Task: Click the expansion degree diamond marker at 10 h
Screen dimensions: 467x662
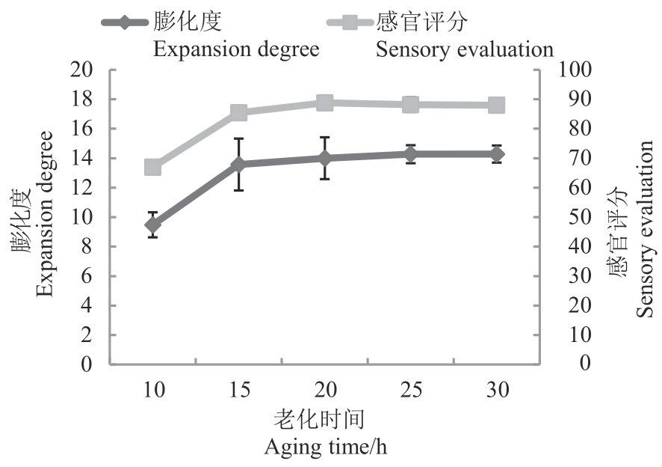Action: point(153,225)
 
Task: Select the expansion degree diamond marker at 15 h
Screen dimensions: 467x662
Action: point(239,165)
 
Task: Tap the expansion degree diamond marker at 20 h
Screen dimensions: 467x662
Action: point(324,158)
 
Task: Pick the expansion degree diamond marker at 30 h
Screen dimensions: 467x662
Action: point(496,154)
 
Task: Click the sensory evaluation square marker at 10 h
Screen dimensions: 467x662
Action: point(153,167)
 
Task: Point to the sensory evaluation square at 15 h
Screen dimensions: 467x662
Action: point(239,113)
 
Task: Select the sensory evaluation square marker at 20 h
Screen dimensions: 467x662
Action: point(324,103)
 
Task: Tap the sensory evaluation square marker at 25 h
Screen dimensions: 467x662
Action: point(410,104)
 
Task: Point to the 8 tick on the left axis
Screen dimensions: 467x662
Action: point(87,247)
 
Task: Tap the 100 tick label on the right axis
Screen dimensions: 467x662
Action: point(575,70)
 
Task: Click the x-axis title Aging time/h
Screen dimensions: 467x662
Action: point(326,448)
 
